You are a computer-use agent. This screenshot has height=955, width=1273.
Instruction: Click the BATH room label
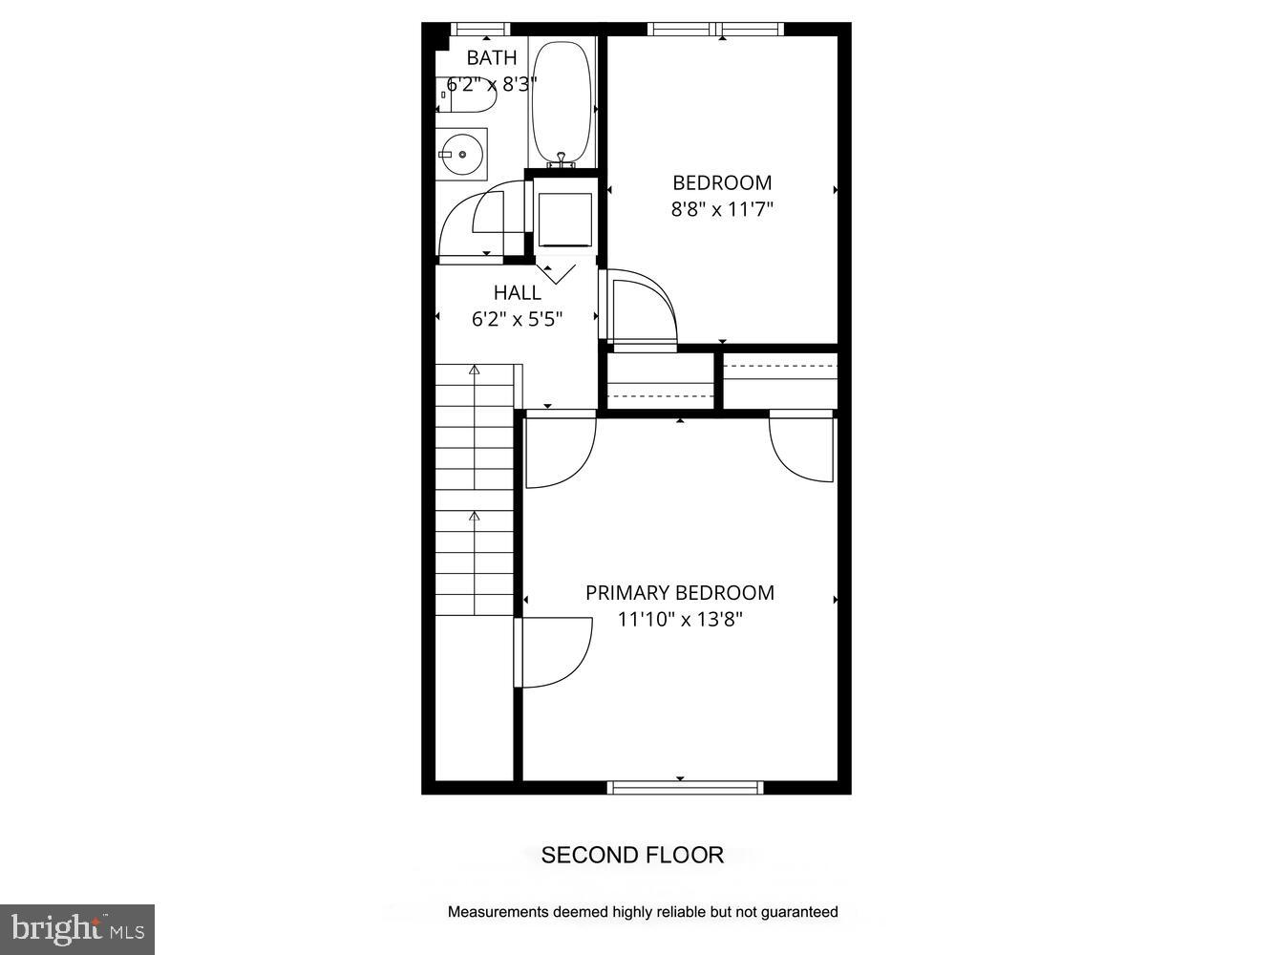(x=492, y=58)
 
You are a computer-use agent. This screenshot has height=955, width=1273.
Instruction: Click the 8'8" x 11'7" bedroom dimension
(x=722, y=209)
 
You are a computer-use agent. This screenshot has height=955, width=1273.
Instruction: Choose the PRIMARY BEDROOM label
(x=680, y=593)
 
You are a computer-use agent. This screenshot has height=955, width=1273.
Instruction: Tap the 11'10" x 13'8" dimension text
(x=680, y=620)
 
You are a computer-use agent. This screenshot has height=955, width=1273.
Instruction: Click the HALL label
(x=518, y=293)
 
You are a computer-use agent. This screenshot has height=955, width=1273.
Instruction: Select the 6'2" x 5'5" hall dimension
(x=518, y=320)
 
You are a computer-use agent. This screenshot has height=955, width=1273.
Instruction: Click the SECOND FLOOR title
(x=632, y=855)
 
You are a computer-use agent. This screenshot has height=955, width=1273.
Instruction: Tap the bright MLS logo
(x=77, y=929)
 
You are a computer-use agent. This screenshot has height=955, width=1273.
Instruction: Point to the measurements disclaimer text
(x=643, y=912)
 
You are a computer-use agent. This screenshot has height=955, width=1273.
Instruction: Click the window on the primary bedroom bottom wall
(x=685, y=788)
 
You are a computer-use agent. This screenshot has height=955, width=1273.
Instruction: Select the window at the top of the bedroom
(x=716, y=29)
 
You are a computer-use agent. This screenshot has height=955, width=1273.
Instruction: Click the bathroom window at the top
(x=480, y=29)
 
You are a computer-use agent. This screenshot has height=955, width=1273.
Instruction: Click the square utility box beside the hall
(x=564, y=219)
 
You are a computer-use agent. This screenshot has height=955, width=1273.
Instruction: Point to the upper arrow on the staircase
(x=474, y=371)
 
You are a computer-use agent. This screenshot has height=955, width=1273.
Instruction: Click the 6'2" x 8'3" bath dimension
(x=492, y=84)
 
